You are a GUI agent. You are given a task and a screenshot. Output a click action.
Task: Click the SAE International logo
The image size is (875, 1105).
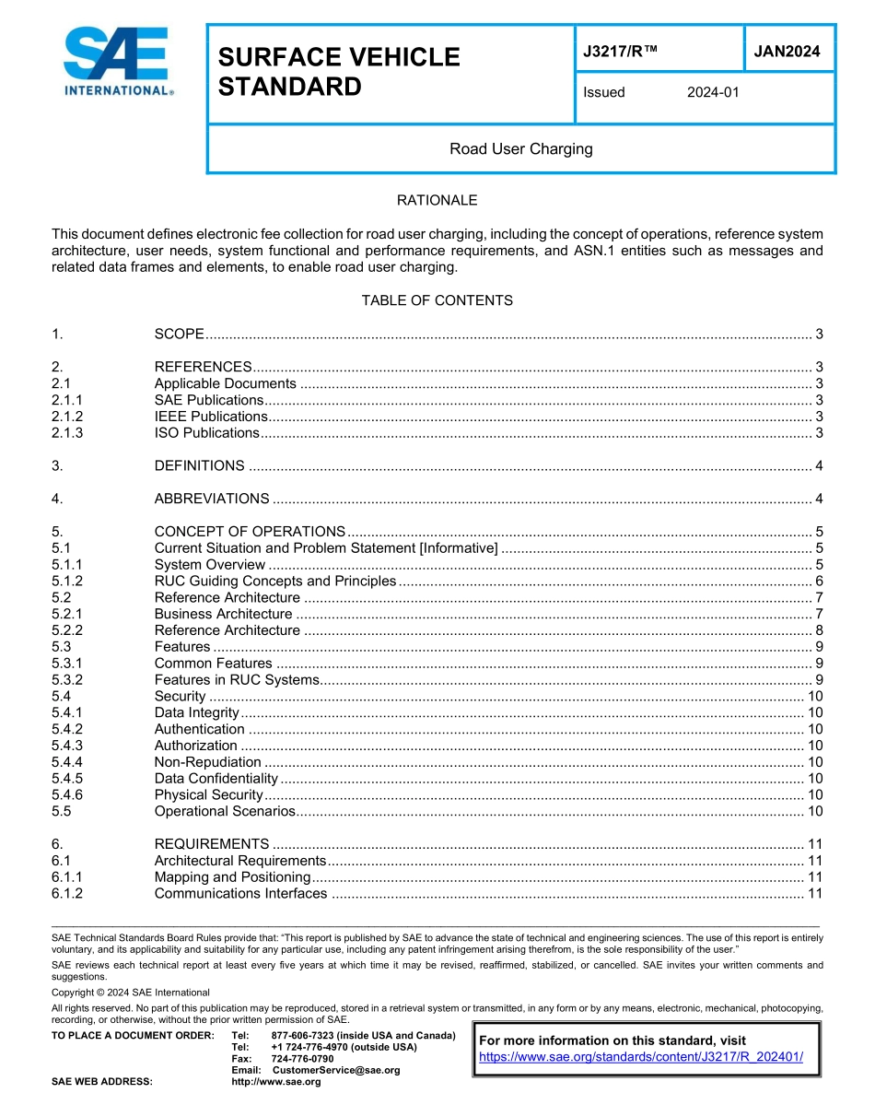(118, 62)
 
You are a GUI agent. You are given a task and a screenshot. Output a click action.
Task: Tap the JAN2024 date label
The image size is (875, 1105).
(787, 52)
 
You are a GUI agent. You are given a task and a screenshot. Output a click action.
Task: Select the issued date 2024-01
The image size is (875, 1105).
(713, 92)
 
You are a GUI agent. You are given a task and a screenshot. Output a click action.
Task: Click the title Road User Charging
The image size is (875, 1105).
(520, 148)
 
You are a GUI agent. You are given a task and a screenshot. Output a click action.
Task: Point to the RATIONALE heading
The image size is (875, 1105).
(437, 200)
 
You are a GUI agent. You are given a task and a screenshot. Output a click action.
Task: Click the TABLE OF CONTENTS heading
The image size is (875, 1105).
(437, 300)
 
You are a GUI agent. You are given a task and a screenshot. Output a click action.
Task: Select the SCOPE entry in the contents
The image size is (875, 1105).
(179, 334)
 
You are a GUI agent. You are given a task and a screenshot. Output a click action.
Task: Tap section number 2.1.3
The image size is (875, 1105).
(67, 433)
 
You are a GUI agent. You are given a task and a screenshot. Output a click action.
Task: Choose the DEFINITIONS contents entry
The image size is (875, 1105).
(199, 465)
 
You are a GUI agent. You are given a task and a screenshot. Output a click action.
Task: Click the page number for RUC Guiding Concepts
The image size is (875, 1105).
(819, 581)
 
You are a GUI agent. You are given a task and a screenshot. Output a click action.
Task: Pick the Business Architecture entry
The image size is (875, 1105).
(223, 614)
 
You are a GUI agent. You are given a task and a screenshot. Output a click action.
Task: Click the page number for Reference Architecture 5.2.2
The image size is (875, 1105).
(819, 630)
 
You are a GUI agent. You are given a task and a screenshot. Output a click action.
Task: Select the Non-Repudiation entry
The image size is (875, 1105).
(207, 762)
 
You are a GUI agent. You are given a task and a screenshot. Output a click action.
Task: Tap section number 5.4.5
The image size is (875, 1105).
(67, 779)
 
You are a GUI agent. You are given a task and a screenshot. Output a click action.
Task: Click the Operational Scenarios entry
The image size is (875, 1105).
(225, 811)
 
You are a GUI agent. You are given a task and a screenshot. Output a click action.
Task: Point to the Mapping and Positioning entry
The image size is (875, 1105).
(232, 876)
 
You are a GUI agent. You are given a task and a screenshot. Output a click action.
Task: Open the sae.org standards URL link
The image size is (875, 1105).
(641, 1056)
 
